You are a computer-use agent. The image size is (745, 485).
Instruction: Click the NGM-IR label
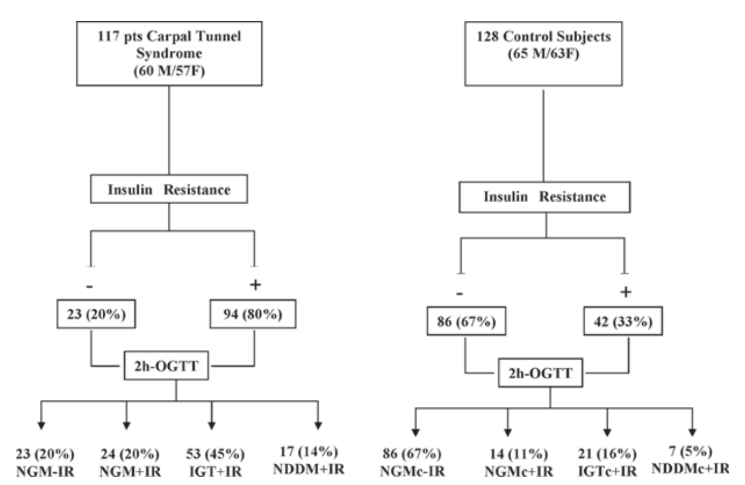45,471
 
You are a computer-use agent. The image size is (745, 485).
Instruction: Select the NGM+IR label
130,471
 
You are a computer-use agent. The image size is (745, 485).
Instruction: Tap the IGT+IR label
215,471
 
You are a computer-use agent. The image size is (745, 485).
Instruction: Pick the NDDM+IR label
309,469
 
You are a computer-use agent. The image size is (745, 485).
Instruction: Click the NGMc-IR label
412,471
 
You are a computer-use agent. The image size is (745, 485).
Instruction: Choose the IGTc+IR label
607,471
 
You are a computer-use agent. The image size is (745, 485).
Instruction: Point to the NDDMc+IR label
690,469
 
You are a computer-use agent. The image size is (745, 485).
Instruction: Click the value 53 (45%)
215,454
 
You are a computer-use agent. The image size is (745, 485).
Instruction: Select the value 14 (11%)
519,454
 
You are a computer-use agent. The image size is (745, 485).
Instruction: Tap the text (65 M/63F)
543,54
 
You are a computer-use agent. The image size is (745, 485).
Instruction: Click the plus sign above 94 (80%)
255,285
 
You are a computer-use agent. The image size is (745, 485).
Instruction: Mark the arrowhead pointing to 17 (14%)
318,425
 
